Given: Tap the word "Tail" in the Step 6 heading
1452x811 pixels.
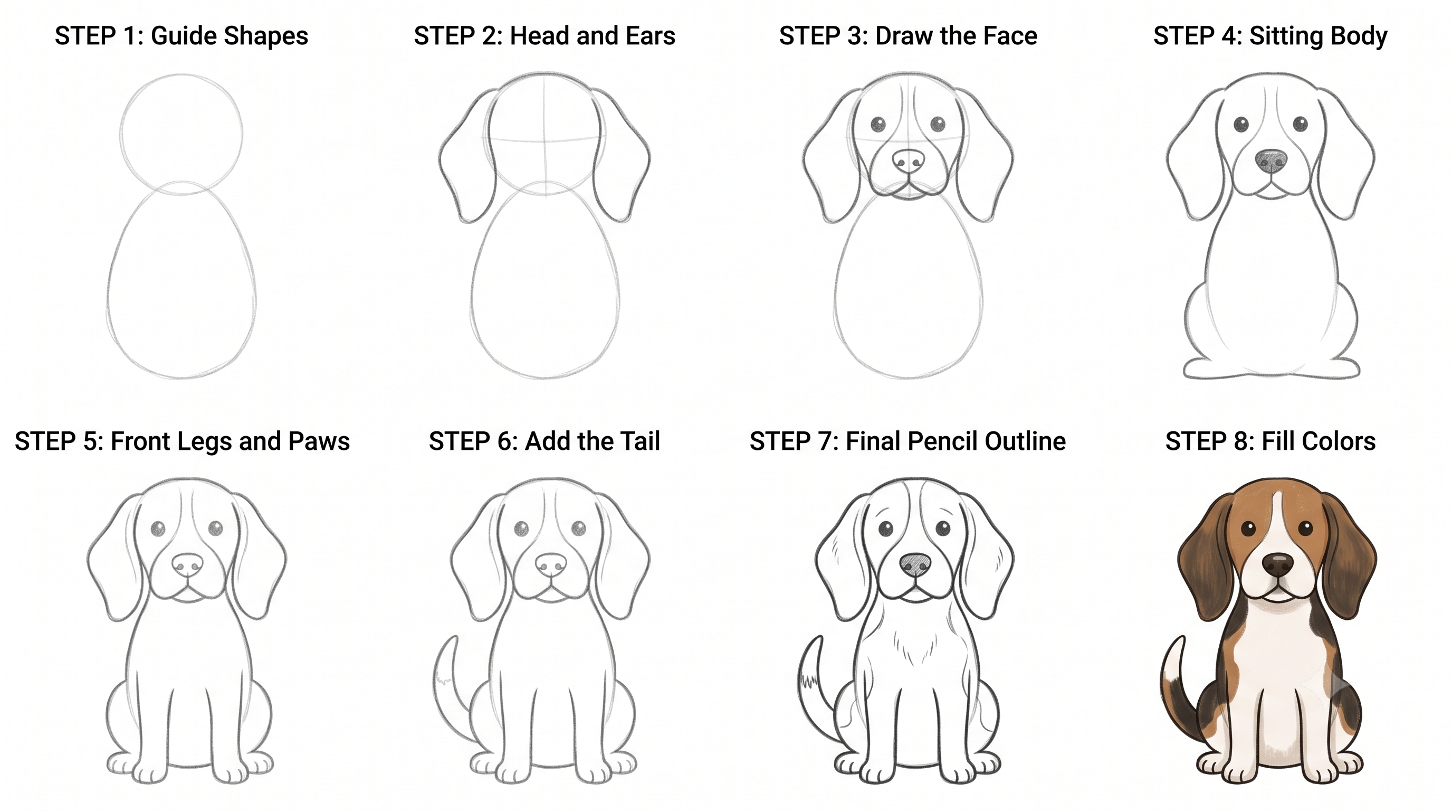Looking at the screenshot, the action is [640, 441].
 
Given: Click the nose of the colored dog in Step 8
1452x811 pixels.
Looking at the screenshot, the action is [1278, 564].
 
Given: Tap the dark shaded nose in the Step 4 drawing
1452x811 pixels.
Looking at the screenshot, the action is [1271, 162].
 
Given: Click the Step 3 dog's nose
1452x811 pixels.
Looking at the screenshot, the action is [909, 161].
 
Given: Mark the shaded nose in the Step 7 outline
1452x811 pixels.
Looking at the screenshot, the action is [915, 564].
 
